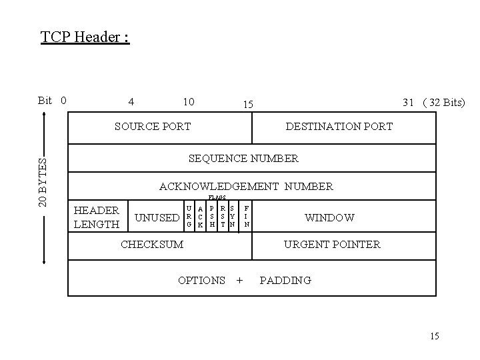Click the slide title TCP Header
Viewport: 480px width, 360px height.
coord(85,36)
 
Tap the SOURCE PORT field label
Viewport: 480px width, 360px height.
coord(153,126)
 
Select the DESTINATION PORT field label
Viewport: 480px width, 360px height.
coord(339,126)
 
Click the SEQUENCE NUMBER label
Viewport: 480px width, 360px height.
coord(243,159)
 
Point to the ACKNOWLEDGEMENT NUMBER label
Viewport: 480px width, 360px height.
coord(246,187)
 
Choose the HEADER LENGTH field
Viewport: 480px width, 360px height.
coord(97,217)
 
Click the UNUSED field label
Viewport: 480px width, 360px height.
coord(157,217)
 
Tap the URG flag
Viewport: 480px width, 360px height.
coord(190,217)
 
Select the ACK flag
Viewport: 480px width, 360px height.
coord(201,217)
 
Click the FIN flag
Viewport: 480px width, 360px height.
coord(247,217)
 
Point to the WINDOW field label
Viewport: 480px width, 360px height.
coord(329,217)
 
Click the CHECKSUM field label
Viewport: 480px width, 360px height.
coord(152,244)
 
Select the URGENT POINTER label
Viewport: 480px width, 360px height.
coord(332,244)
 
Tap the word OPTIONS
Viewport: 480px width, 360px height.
coord(201,280)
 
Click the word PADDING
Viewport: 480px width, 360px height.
coord(285,280)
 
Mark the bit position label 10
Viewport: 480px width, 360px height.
coord(189,101)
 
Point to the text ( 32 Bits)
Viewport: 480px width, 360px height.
coord(443,102)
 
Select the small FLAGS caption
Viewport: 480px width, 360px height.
coord(217,198)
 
